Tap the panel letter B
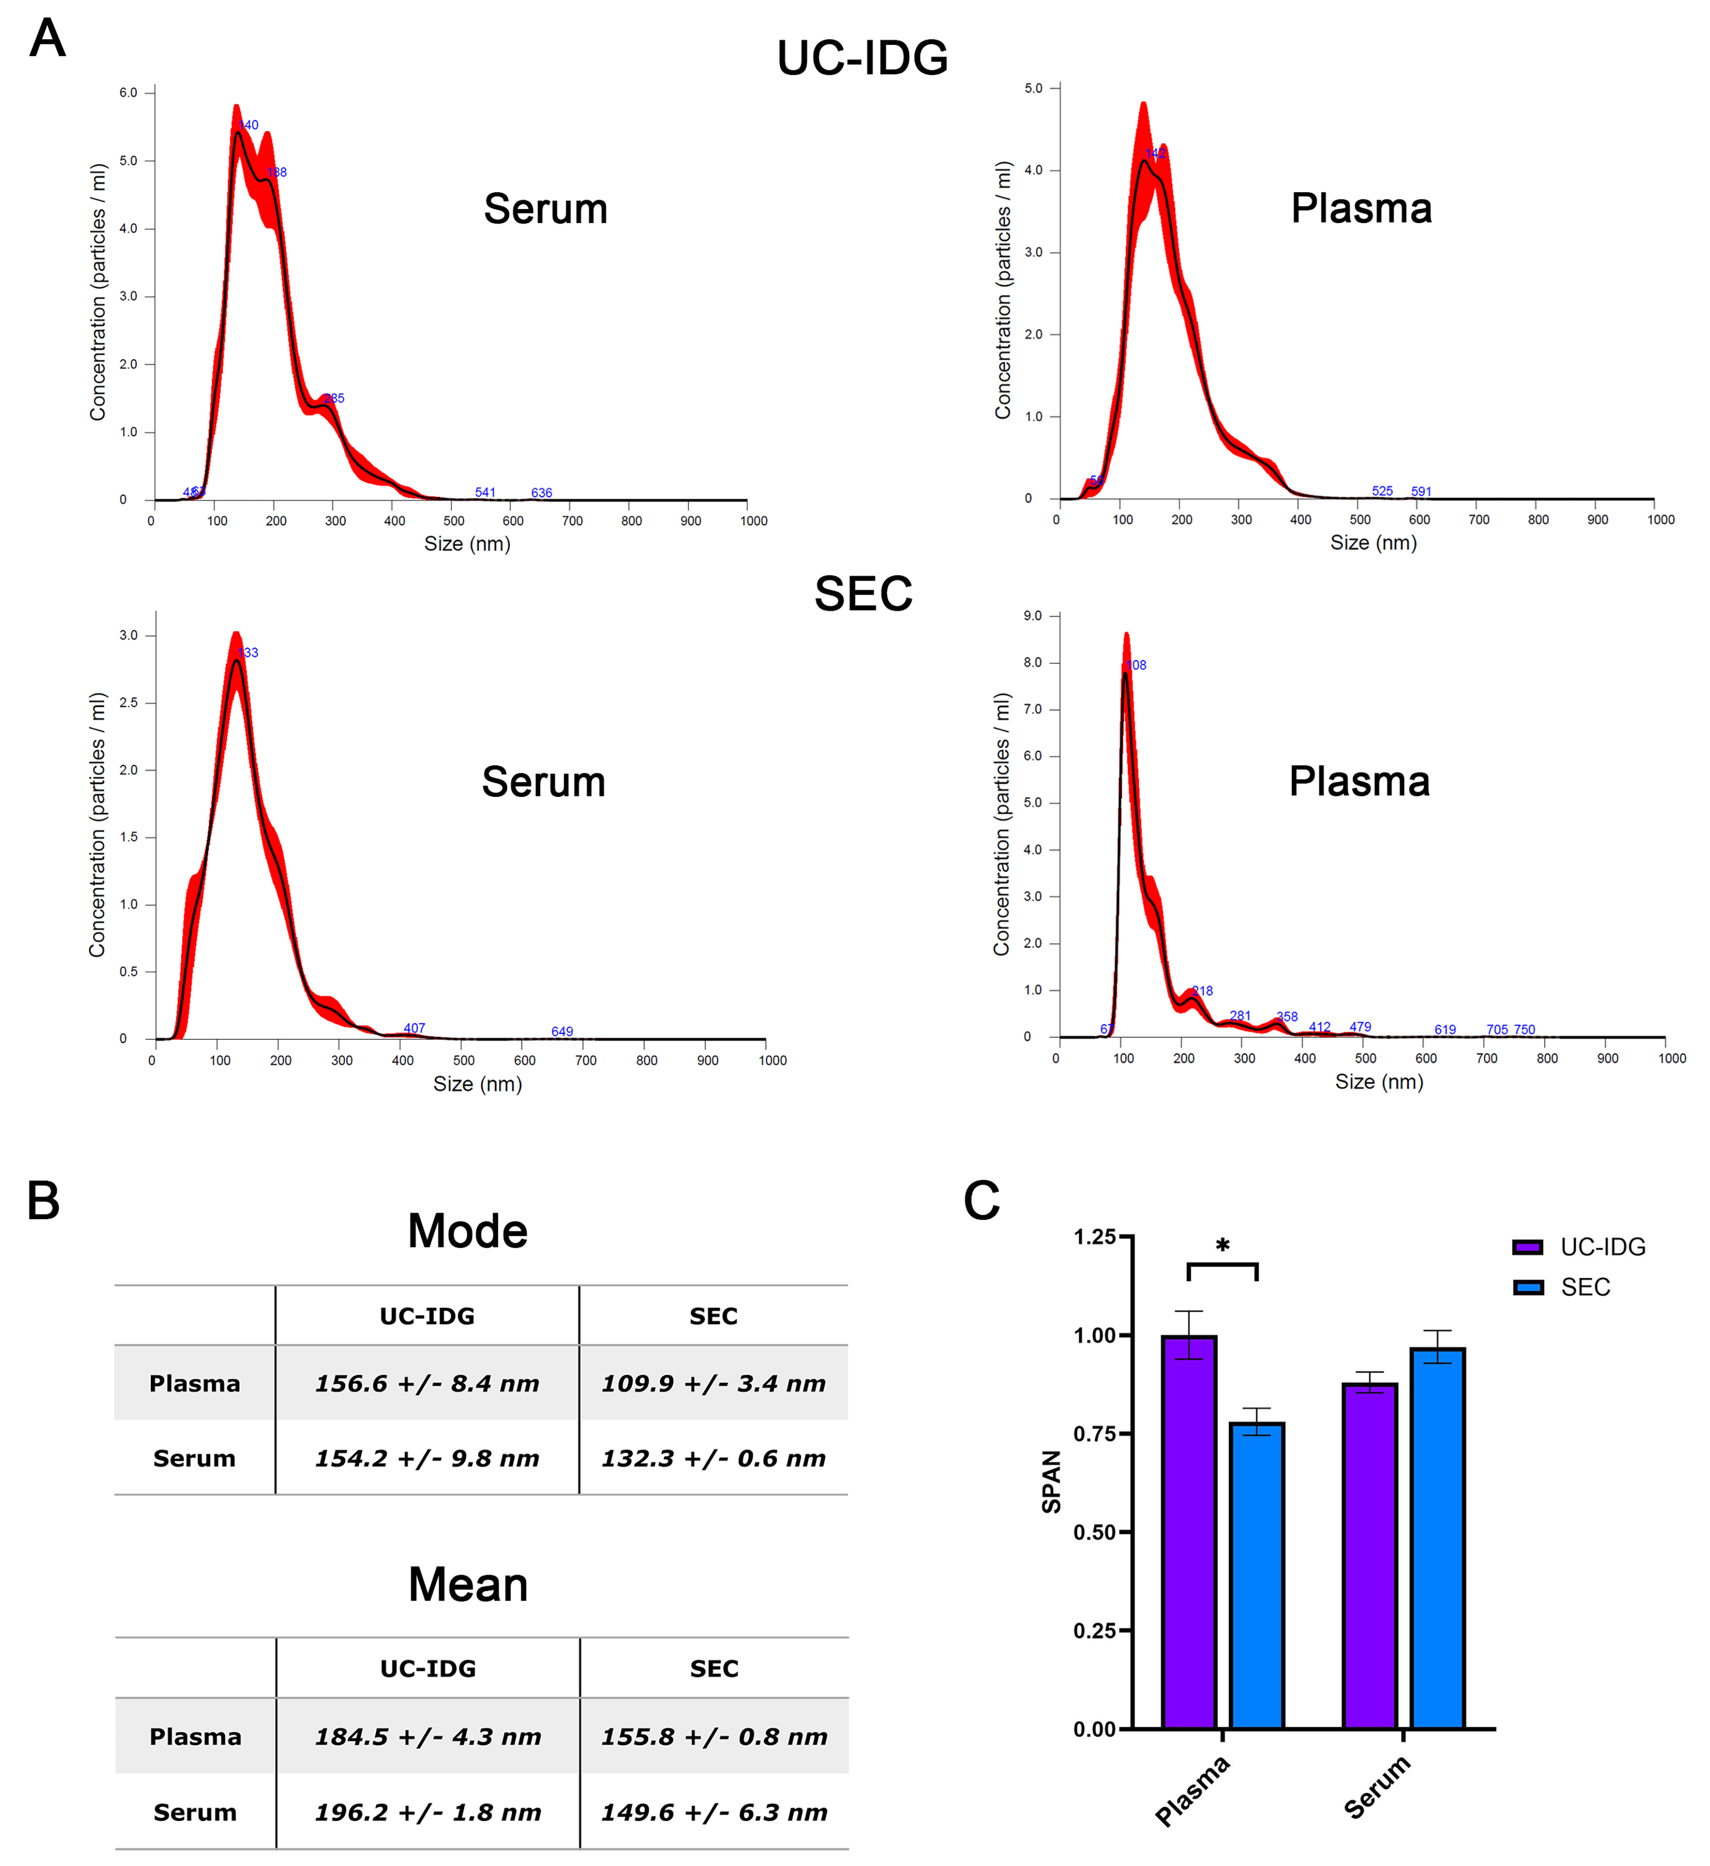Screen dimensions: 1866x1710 point(43,1201)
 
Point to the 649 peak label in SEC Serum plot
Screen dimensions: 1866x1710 point(562,1031)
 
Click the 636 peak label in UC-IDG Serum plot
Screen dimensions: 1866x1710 point(542,492)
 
